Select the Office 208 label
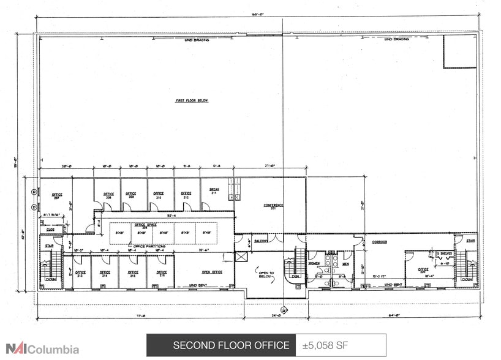click(x=108, y=195)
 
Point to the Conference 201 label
click(x=273, y=206)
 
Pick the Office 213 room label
click(x=80, y=274)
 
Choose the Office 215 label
click(x=133, y=274)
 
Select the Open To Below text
click(x=265, y=274)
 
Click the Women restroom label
click(x=314, y=264)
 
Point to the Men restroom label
click(x=345, y=264)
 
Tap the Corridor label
click(x=380, y=242)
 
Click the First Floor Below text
click(x=192, y=100)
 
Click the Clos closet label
click(x=50, y=229)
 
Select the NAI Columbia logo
click(x=40, y=350)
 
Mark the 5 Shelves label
click(x=444, y=253)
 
